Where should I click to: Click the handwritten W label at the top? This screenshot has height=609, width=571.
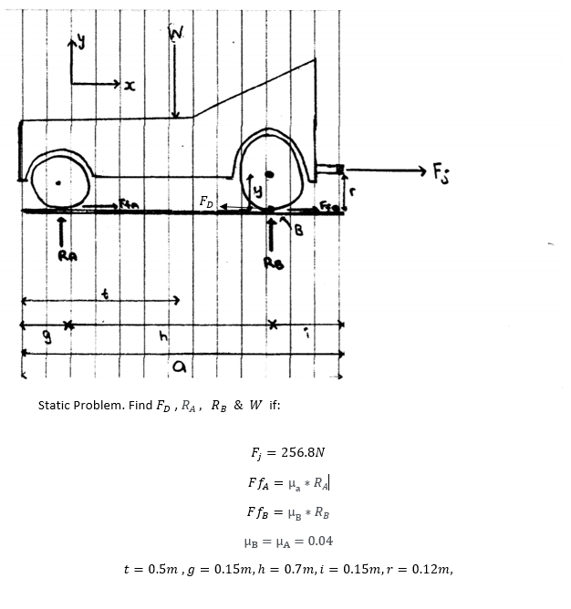[x=178, y=36]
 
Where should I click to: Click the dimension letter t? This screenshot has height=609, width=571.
[x=107, y=294]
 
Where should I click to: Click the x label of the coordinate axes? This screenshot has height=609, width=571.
[x=130, y=88]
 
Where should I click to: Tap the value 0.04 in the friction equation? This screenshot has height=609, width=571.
[x=320, y=541]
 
